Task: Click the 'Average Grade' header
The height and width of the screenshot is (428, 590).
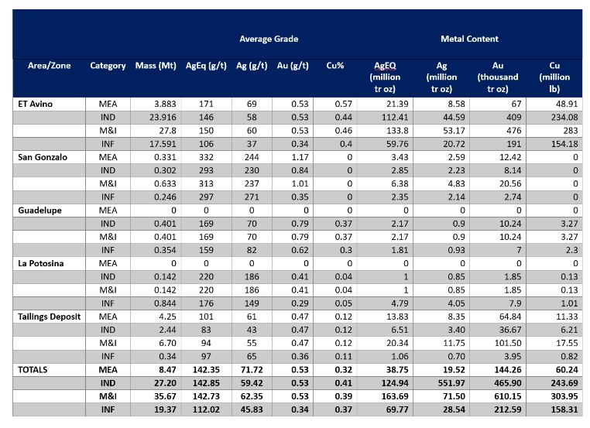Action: [x=269, y=39]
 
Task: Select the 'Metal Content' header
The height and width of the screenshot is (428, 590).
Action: [x=469, y=39]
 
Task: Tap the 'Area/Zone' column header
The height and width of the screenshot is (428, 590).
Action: [x=50, y=66]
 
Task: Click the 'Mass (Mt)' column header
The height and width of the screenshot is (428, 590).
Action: [x=156, y=66]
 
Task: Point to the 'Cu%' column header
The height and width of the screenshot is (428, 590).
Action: [x=335, y=66]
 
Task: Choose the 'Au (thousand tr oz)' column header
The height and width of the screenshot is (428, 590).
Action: [x=498, y=77]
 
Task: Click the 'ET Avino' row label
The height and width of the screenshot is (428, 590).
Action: [x=35, y=104]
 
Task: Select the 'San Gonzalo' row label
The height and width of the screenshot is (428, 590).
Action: [x=43, y=157]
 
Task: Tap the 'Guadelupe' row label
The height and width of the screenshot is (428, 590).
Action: [x=39, y=211]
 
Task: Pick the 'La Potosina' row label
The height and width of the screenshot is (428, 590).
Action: [x=40, y=263]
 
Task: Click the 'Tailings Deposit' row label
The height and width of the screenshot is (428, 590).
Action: [x=50, y=317]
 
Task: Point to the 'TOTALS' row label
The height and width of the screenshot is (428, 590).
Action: [x=33, y=370]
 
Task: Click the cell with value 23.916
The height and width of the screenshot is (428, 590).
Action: [x=163, y=118]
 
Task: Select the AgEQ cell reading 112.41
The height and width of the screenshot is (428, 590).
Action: [x=395, y=118]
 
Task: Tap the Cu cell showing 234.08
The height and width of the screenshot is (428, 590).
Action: [x=564, y=118]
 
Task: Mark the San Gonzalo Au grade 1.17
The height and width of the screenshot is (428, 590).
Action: [x=300, y=157]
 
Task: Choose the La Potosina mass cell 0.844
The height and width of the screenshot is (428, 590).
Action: [x=165, y=303]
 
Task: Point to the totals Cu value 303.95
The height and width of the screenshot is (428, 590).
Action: [x=564, y=396]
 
